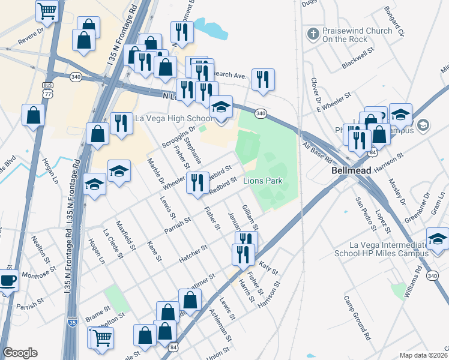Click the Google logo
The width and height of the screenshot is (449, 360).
pyautogui.click(x=20, y=353)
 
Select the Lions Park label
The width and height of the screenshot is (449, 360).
pyautogui.click(x=262, y=181)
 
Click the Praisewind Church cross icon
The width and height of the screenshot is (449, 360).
pyautogui.click(x=312, y=34)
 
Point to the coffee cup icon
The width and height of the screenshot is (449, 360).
pyautogui.click(x=7, y=280)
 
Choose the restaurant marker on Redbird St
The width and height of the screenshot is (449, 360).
pyautogui.click(x=197, y=183)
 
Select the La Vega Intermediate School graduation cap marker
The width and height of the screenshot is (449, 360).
pyautogui.click(x=438, y=239)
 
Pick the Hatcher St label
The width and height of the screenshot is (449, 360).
pyautogui.click(x=193, y=255)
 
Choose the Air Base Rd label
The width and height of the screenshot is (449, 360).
pyautogui.click(x=318, y=154)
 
